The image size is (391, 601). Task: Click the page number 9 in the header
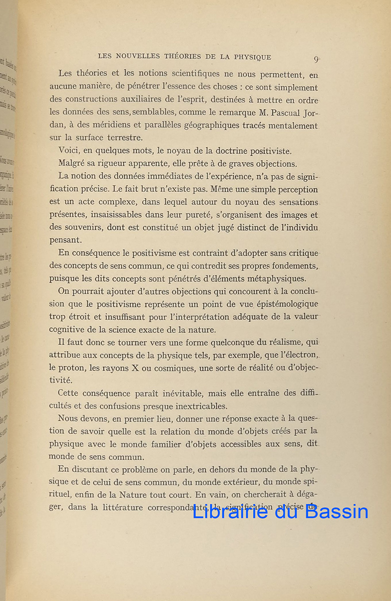tap(316, 59)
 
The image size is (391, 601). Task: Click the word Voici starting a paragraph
tap(69, 151)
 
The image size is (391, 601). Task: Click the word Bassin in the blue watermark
tap(333, 512)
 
